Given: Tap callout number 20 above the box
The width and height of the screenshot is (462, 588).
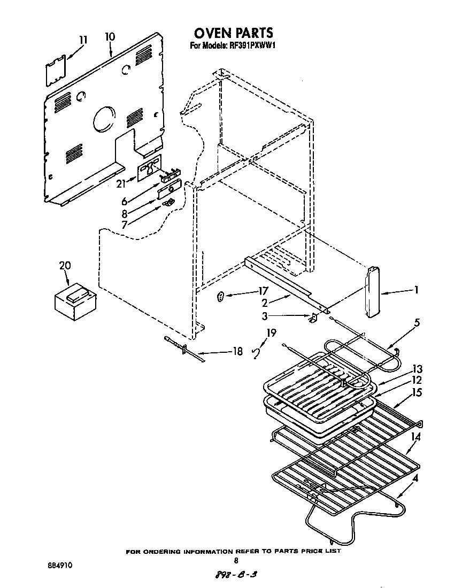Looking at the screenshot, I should [64, 266].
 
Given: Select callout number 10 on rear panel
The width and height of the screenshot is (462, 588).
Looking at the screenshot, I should [110, 37].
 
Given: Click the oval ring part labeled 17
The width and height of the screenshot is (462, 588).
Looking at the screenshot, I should [221, 297].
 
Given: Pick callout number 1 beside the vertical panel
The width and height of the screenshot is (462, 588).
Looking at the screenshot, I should [415, 291].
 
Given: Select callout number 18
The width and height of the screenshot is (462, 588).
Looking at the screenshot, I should [237, 352].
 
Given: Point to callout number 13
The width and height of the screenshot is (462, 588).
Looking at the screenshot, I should [417, 369].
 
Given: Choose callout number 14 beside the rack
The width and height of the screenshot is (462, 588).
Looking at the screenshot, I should [416, 437].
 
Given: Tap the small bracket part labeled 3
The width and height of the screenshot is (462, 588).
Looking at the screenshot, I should [314, 318].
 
